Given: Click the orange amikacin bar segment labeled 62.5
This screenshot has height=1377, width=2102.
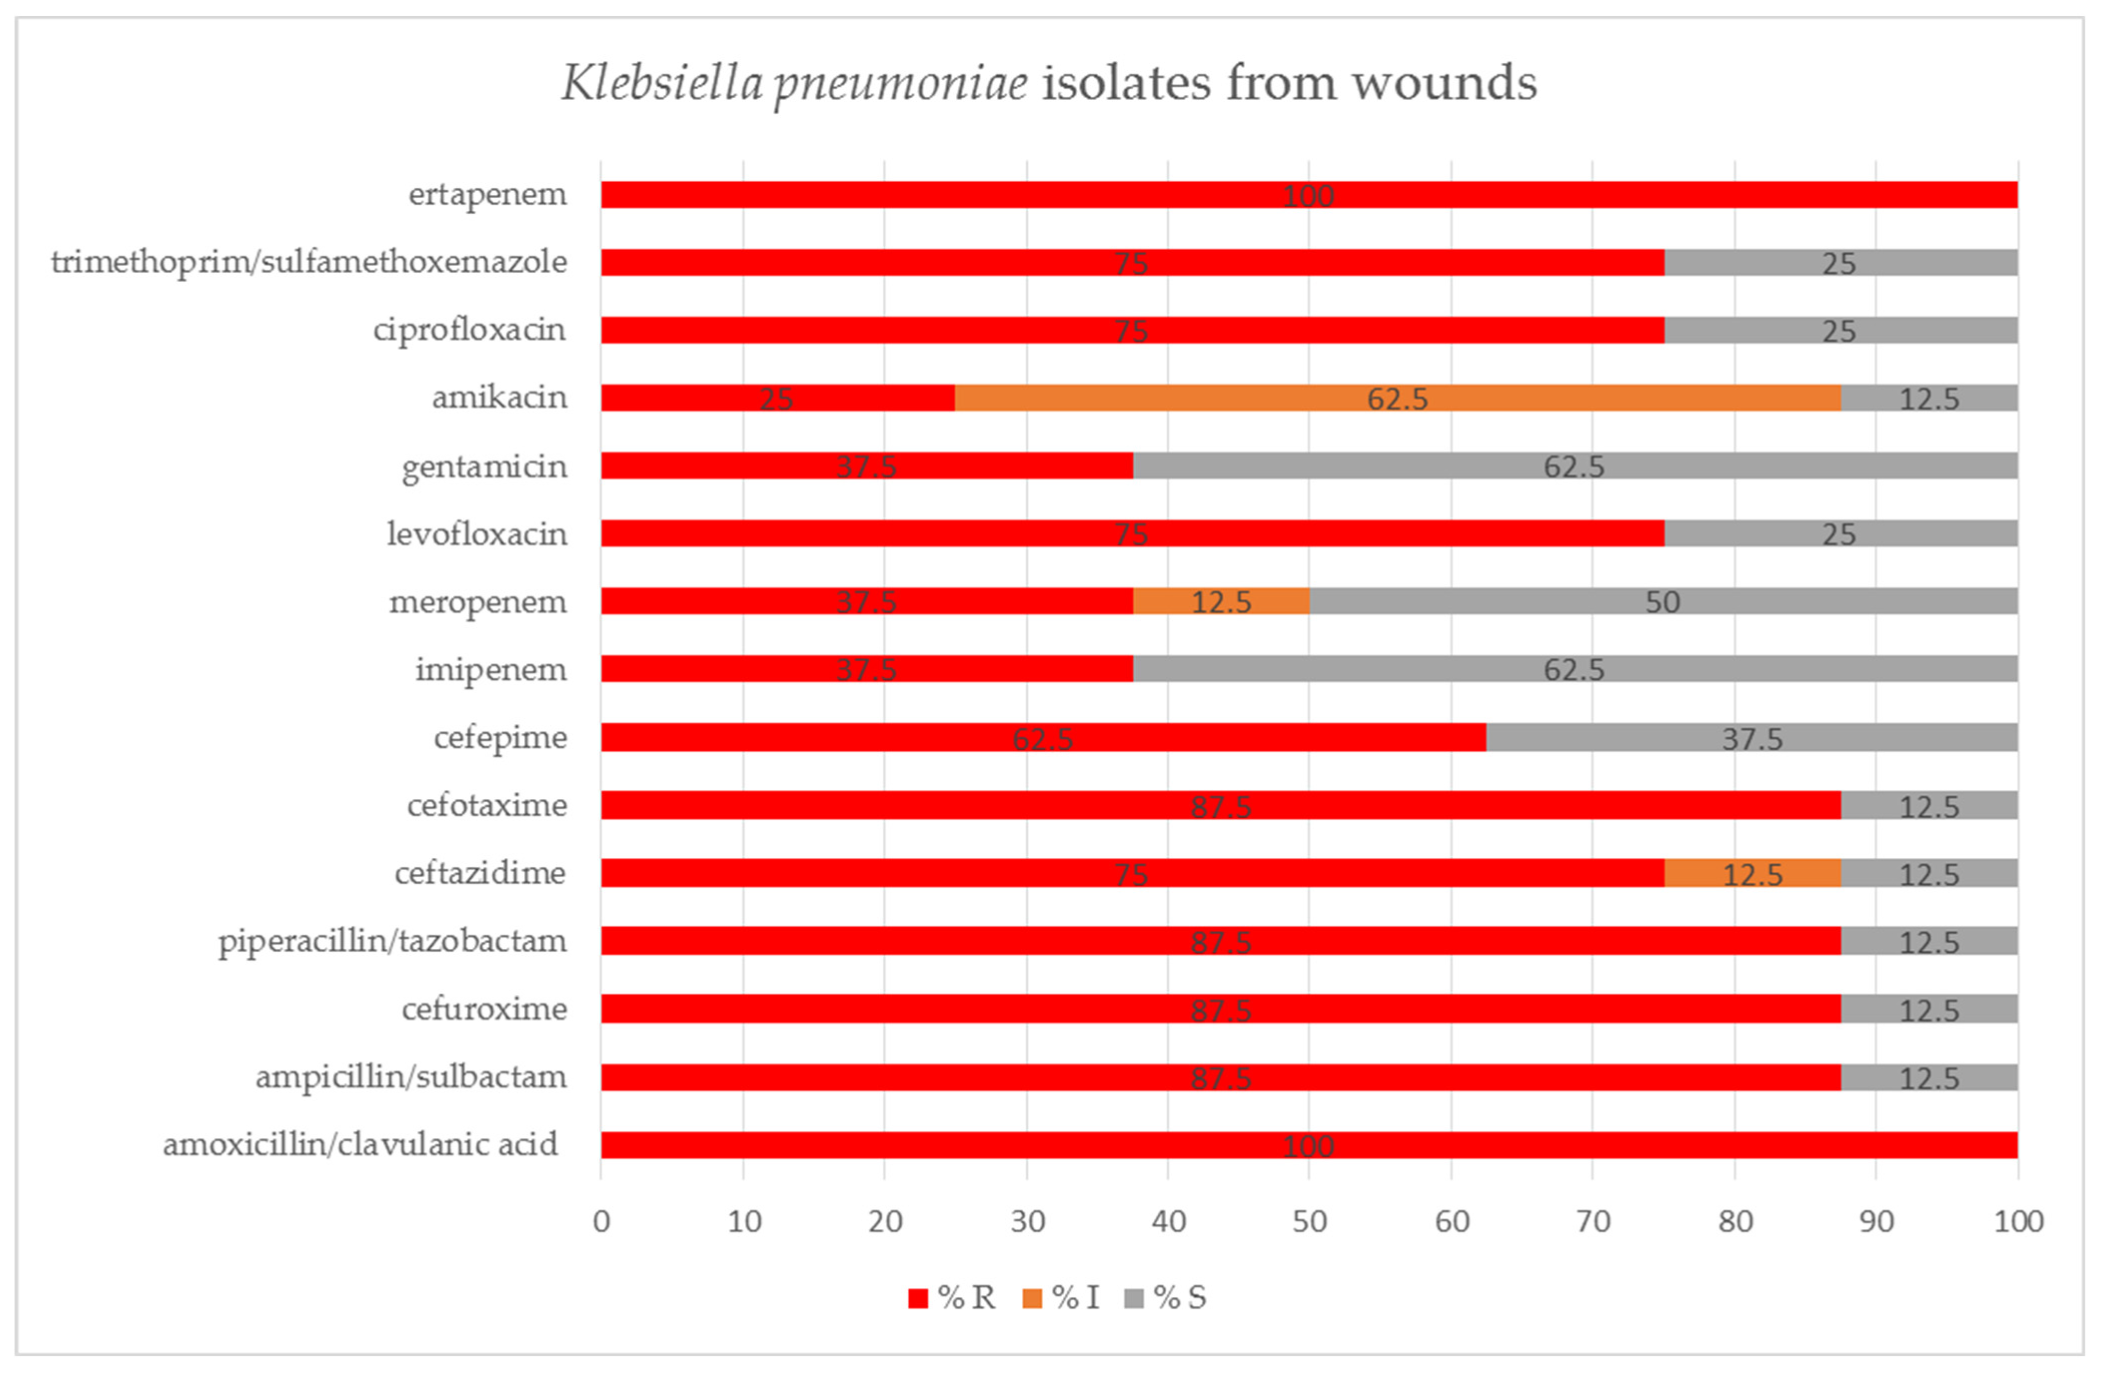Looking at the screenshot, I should pos(1397,398).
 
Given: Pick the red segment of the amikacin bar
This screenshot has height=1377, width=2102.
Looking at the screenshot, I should pos(777,398).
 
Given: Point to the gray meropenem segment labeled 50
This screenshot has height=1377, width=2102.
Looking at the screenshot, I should pos(1662,601).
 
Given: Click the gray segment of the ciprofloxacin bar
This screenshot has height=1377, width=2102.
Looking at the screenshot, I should pos(1840,330).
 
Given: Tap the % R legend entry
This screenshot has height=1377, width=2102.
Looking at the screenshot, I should pos(952,1298).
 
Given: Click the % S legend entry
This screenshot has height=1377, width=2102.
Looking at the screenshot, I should pos(1166,1298).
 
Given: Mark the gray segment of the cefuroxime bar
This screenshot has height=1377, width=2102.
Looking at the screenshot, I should pos(1929,1009).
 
